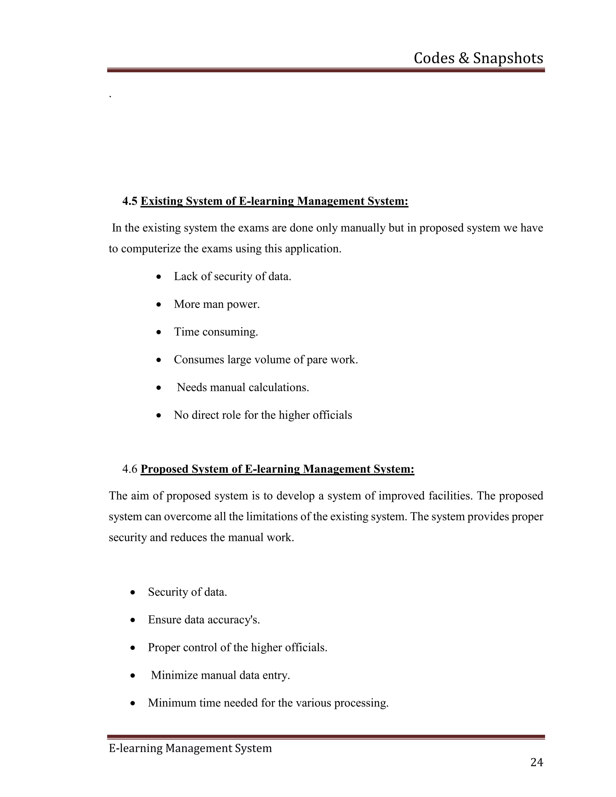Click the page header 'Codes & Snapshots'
478,58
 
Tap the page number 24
537,762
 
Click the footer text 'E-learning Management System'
190,748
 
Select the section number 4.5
130,201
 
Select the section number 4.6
130,469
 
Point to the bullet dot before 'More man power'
159,304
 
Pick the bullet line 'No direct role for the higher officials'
263,415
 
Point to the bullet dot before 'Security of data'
133,592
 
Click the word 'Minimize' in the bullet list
174,675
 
